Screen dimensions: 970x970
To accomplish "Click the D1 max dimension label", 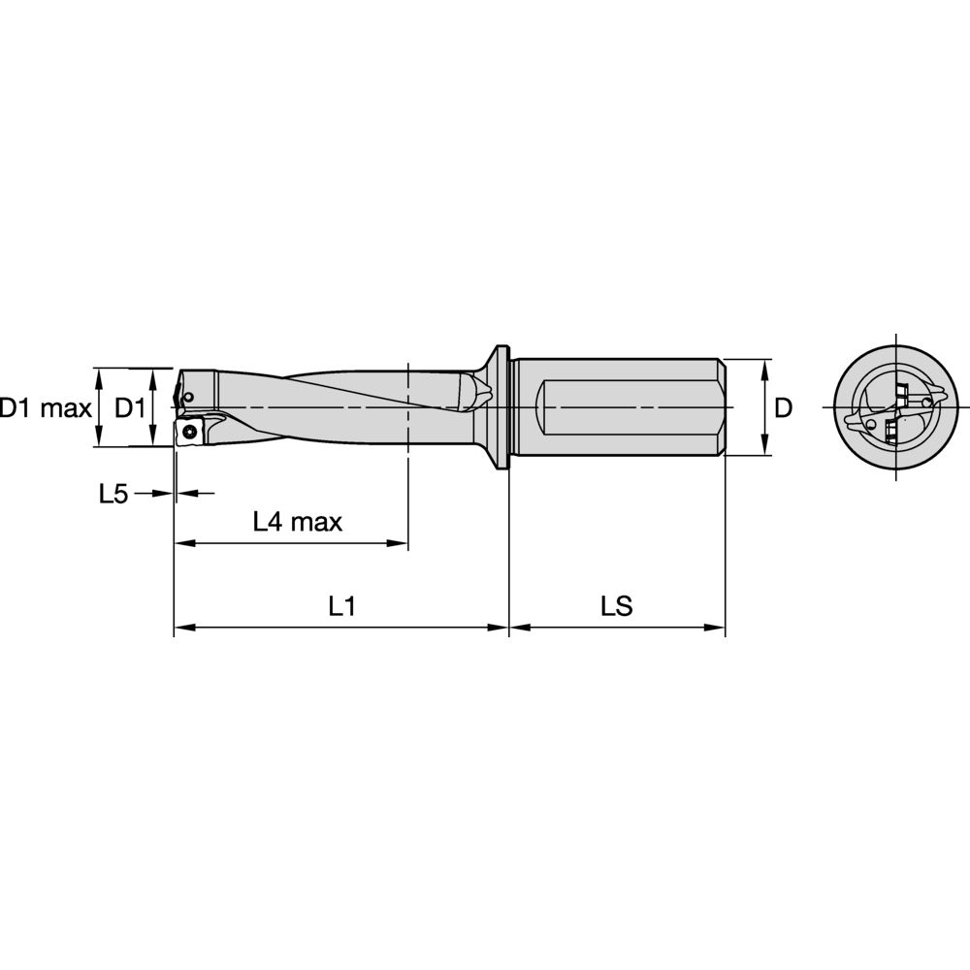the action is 46,408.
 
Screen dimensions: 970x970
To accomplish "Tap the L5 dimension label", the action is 113,494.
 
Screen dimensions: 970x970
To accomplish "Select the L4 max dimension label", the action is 298,522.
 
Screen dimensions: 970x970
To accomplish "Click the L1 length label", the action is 342,606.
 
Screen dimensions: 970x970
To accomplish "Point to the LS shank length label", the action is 617,606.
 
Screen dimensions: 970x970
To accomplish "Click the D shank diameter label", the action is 783,408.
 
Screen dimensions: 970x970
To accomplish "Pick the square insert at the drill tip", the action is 189,432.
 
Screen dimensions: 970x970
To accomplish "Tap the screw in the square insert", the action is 189,432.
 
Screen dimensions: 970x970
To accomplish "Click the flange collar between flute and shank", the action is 500,407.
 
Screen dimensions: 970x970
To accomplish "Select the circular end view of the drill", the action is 896,407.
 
